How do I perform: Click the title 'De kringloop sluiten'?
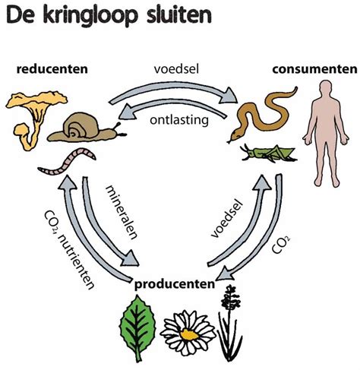[x=107, y=16]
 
